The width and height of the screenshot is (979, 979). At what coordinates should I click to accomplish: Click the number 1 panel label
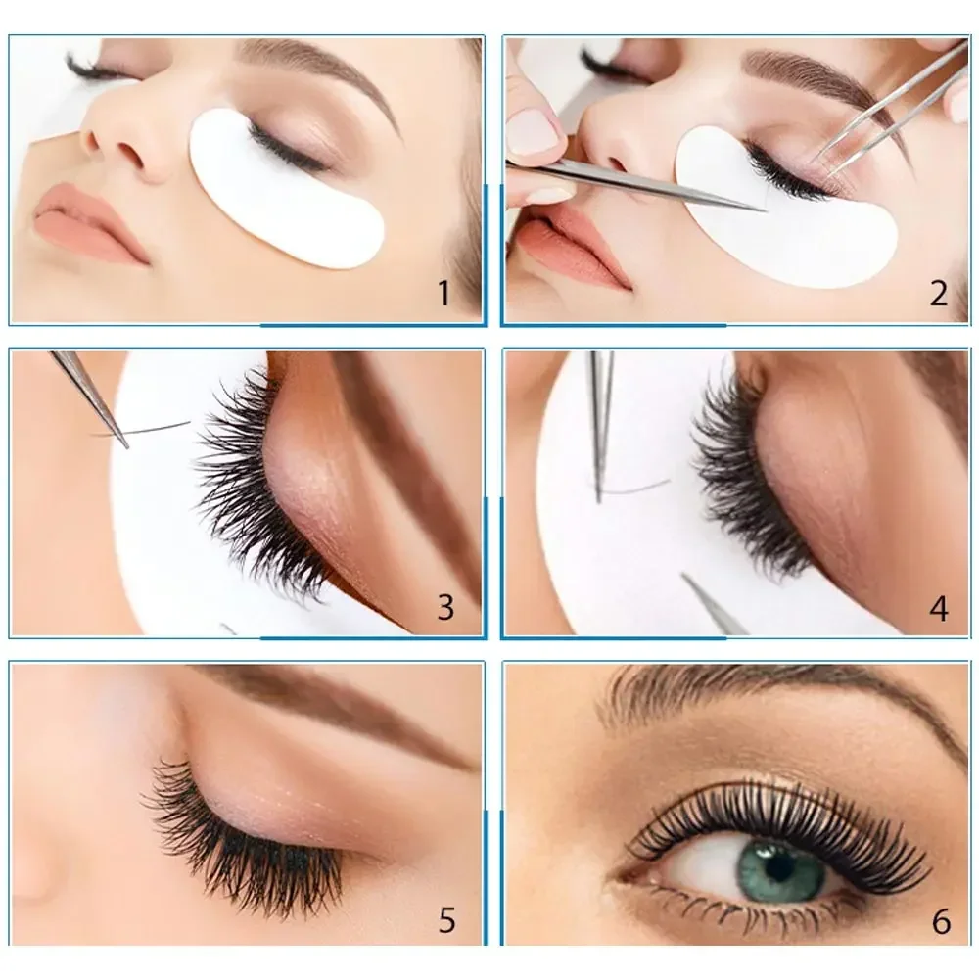click(x=444, y=292)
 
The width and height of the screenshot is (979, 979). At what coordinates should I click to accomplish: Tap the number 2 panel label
click(x=938, y=292)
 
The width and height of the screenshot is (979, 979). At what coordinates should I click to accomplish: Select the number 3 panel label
click(x=445, y=607)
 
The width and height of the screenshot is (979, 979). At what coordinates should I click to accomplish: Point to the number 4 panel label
click(x=938, y=608)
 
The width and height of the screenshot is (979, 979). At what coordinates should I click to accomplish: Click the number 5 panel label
click(x=446, y=920)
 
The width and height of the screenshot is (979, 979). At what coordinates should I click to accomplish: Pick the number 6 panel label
click(x=940, y=921)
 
